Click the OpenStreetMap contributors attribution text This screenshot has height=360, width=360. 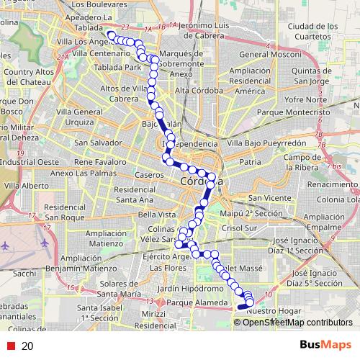297,322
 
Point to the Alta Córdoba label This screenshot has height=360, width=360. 194,91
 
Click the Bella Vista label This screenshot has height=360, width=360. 157,215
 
